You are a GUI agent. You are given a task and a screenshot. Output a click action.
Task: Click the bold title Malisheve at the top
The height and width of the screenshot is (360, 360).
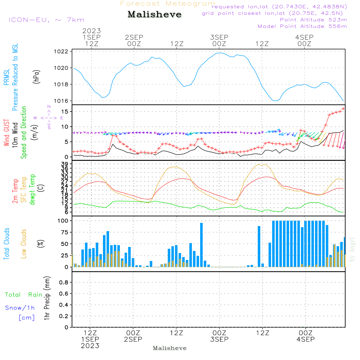click(154, 15)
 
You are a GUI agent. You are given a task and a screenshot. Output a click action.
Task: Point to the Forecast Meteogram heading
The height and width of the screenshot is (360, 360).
click(168, 4)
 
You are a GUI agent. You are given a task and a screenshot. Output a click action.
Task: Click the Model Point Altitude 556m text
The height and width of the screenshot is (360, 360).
click(302, 26)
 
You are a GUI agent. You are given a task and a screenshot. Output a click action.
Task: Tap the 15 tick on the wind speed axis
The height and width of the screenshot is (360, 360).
click(65, 112)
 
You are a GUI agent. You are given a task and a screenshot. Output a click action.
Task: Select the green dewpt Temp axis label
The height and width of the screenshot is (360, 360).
click(33, 189)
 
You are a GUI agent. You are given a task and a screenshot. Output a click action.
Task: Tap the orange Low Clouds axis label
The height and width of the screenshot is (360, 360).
click(24, 243)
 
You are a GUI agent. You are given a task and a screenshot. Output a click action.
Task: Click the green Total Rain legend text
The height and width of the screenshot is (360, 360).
click(24, 295)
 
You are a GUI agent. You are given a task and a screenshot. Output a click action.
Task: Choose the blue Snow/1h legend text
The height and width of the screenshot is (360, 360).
click(20, 308)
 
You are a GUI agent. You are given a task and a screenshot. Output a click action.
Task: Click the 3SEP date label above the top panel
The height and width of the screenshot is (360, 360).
click(219, 37)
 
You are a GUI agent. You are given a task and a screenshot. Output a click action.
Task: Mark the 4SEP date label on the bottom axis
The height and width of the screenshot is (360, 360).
click(306, 339)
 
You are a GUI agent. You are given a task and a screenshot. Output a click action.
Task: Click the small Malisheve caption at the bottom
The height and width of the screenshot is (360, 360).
click(170, 348)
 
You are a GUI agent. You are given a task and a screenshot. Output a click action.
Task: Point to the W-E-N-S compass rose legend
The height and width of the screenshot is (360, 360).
click(49, 118)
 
